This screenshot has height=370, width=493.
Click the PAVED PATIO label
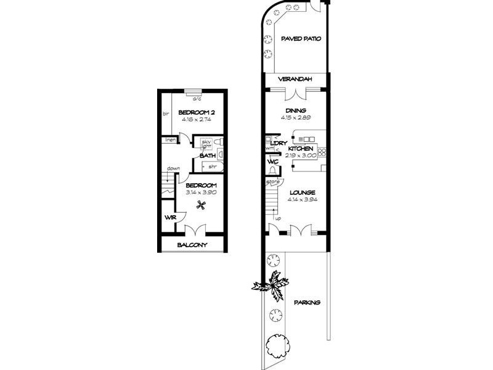[x=301, y=38]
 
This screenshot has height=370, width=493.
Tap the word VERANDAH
[x=295, y=80]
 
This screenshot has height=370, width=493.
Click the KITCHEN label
[x=301, y=149]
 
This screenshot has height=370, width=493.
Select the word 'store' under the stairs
[x=274, y=182]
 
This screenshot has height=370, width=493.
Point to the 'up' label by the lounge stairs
[x=279, y=218]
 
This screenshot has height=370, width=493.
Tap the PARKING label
[x=306, y=302]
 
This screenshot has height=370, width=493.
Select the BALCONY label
[x=192, y=245]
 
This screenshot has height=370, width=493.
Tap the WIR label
[x=169, y=217]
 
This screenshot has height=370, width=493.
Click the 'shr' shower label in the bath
[x=211, y=166]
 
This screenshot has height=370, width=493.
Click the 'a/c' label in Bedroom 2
[x=197, y=99]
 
